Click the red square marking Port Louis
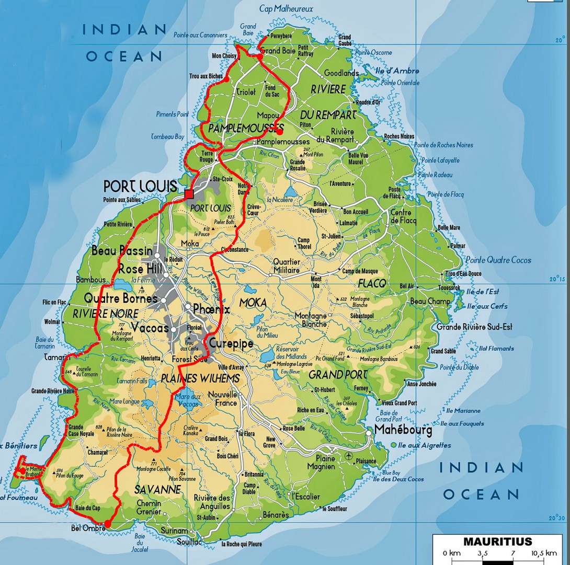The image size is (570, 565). pyautogui.click(x=189, y=194)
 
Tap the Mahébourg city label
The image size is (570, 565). pyautogui.click(x=403, y=431)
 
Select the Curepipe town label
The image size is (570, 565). pyautogui.click(x=231, y=343)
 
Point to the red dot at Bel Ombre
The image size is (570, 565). pyautogui.click(x=107, y=523)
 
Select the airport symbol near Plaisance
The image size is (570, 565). pyautogui.click(x=349, y=456)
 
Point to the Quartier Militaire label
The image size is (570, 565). pyautogui.click(x=287, y=266)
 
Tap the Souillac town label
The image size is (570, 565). pyautogui.click(x=189, y=542)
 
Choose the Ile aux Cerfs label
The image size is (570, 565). pyautogui.click(x=487, y=306)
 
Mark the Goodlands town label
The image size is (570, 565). pyautogui.click(x=341, y=73)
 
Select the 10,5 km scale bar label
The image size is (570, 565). pyautogui.click(x=544, y=553)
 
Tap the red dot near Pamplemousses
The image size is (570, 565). pyautogui.click(x=280, y=132)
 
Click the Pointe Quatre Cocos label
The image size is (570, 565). pyautogui.click(x=498, y=260)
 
